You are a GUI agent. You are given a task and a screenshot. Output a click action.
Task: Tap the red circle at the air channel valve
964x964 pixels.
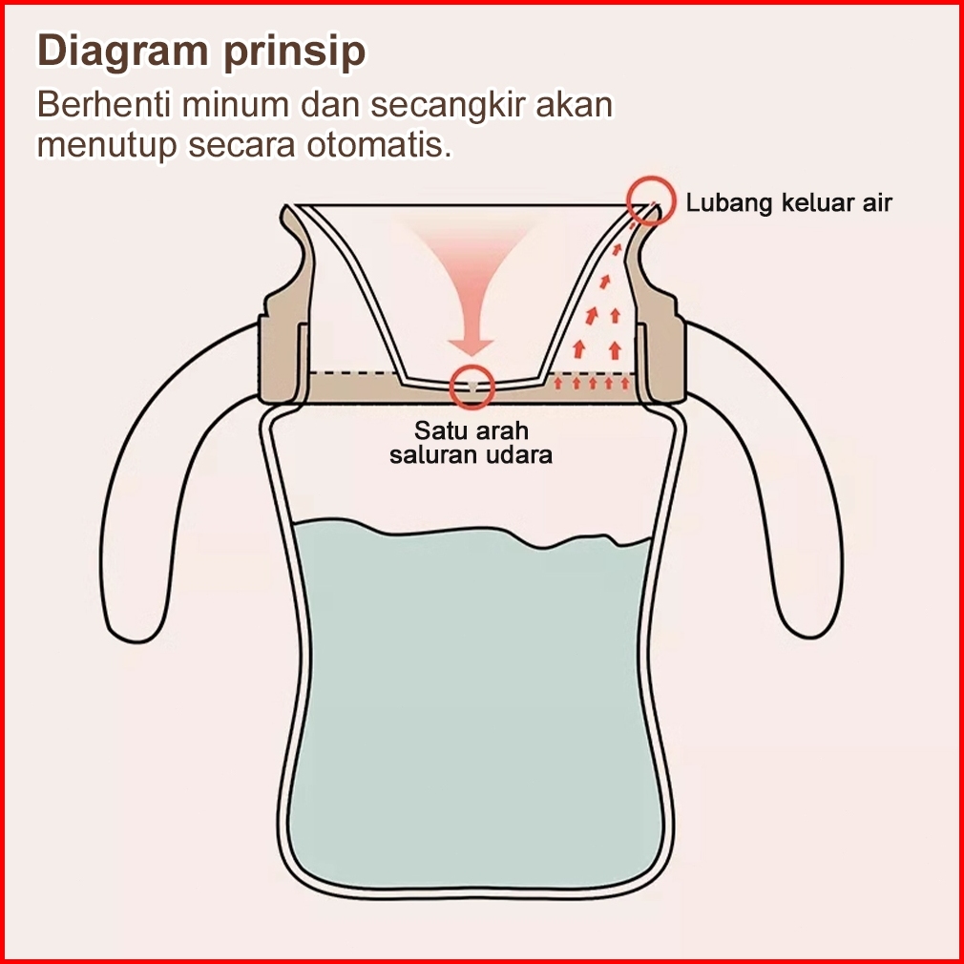[x=472, y=386]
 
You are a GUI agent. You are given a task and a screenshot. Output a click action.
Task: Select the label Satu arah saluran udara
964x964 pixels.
[x=471, y=442]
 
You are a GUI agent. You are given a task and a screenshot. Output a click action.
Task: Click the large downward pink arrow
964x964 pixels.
[x=471, y=296]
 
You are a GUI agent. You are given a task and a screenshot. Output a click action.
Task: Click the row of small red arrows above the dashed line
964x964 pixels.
[x=592, y=384]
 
